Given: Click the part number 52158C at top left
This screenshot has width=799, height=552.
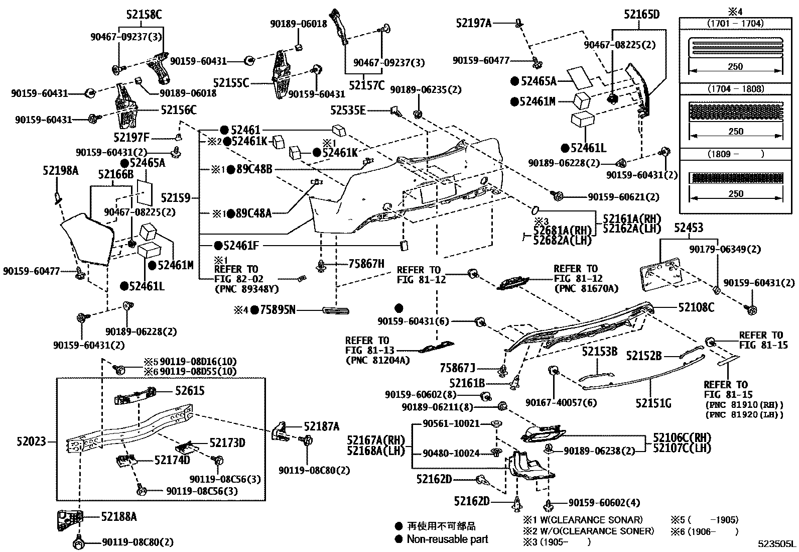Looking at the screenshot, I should point(141,15).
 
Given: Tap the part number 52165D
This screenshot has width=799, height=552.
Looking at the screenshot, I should point(642,15).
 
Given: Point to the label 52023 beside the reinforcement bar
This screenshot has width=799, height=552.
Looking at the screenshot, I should point(31,441).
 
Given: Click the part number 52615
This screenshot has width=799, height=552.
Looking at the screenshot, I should point(190,390).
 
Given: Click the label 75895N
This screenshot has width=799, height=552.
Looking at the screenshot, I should point(278,310).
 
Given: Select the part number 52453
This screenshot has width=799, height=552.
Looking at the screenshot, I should point(688,228).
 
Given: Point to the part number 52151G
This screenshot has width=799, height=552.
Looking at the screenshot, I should point(653,403).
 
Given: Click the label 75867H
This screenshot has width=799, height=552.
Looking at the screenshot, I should point(366,263).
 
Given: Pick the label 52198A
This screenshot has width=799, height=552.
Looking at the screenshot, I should point(60,171).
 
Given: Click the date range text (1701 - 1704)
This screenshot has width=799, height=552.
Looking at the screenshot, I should point(735,24).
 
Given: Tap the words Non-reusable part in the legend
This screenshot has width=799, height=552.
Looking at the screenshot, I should point(447,539).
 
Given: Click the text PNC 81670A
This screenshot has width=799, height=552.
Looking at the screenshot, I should point(586,288).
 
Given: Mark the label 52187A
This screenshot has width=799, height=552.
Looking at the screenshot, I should point(322,427).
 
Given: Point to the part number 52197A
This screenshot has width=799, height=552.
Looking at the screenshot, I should point(473,23).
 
